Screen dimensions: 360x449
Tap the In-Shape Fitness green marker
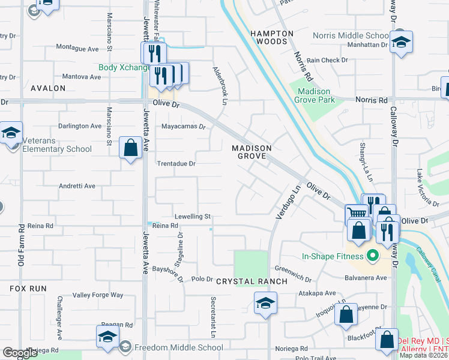(372, 256)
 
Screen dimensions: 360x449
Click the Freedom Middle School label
(178, 347)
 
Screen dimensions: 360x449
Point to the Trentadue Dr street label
(176, 163)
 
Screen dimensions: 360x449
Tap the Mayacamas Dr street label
(184, 127)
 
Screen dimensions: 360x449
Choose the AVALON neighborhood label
(47, 88)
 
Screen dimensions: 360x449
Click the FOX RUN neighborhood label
(28, 289)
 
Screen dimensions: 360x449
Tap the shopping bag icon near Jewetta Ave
(130, 148)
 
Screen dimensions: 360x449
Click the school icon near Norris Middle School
(400, 42)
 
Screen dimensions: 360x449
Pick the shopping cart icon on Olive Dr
(357, 212)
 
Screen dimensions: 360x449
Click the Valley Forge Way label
(97, 295)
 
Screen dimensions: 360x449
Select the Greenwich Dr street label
(295, 268)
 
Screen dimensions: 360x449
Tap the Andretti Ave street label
(76, 186)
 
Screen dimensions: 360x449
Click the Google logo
(19, 353)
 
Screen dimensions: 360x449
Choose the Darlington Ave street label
(80, 126)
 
